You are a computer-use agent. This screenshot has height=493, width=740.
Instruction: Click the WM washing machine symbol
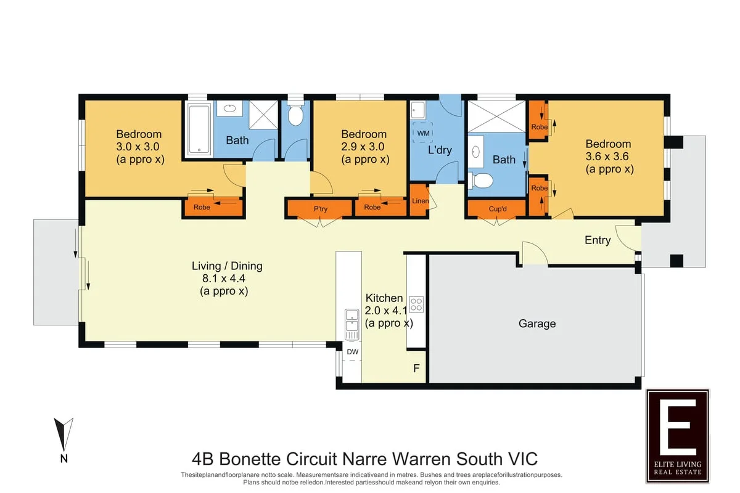point(422,132)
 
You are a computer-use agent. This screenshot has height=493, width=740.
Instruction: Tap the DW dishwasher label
point(353,352)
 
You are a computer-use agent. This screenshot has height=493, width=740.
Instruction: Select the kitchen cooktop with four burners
point(416,304)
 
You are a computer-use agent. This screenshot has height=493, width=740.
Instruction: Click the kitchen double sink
point(352,324)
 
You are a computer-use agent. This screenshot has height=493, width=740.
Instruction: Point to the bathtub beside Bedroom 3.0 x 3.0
point(199,129)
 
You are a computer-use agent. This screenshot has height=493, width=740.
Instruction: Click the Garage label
point(537,324)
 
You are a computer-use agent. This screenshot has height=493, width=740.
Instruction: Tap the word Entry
point(598,240)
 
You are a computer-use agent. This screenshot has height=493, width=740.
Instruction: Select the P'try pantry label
point(321,209)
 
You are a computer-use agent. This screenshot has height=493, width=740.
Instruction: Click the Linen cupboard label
point(420,201)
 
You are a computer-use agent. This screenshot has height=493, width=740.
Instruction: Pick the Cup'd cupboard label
point(498,209)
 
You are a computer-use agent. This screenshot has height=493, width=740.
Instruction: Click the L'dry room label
point(440,150)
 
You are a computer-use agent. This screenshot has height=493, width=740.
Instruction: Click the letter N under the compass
point(64,458)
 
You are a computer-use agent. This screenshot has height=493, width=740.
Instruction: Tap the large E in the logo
point(678,427)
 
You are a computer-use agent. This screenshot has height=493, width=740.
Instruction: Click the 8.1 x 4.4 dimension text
point(224,279)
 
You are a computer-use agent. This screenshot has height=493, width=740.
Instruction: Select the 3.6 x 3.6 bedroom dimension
point(607,156)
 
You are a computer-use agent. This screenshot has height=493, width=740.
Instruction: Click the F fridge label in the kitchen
point(417,368)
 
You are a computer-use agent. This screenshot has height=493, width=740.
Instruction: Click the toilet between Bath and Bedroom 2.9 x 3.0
point(295,115)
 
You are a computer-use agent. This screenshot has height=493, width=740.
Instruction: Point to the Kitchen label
point(384,298)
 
